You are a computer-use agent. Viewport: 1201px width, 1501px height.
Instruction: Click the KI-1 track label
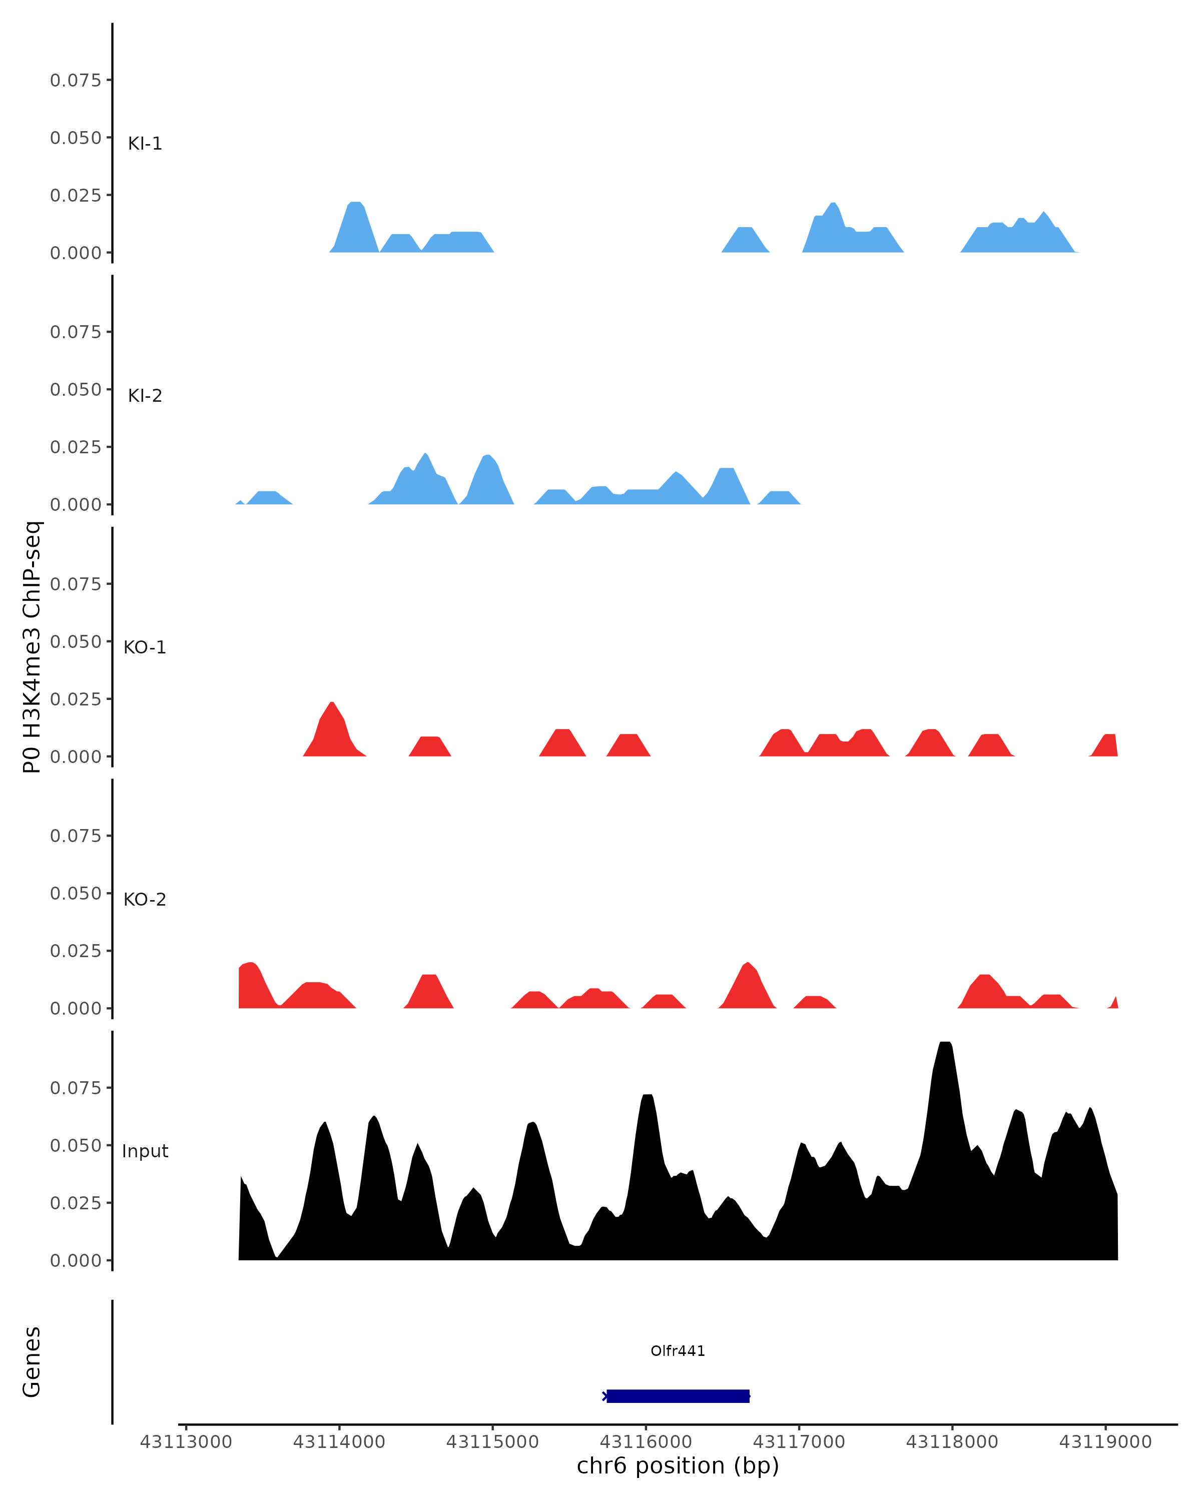click(145, 144)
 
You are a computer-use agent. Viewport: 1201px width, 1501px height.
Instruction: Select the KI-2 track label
click(145, 395)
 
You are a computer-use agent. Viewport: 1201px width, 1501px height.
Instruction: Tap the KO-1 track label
click(145, 647)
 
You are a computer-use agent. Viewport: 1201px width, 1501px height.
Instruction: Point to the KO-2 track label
click(145, 900)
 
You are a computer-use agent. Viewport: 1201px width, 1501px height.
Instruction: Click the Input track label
click(145, 1151)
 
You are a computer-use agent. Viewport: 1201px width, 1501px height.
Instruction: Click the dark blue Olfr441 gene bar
click(678, 1396)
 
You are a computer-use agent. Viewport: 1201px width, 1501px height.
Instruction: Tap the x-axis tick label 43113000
click(186, 1442)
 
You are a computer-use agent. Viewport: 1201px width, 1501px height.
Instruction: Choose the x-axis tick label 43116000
click(646, 1442)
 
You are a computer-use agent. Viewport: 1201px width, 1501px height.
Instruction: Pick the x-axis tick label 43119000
click(1105, 1442)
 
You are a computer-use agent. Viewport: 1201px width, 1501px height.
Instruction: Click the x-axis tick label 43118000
click(952, 1442)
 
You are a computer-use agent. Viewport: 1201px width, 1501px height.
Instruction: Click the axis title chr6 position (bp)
click(678, 1466)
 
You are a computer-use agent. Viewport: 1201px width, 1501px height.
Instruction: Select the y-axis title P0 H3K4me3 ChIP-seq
click(32, 647)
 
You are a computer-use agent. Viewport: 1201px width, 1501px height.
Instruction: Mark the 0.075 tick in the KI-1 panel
click(75, 80)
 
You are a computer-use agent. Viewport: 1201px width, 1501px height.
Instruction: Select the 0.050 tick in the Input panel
click(75, 1145)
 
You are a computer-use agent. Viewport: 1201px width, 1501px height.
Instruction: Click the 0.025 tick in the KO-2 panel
click(75, 951)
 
